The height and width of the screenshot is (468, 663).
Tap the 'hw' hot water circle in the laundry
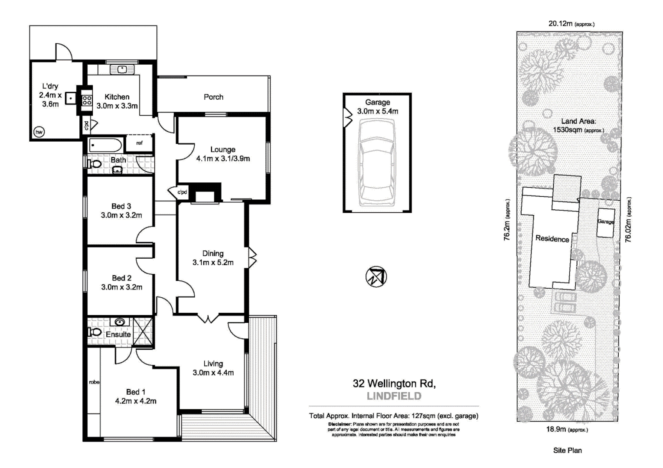click(x=39, y=132)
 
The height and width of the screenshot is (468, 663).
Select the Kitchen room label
click(x=117, y=97)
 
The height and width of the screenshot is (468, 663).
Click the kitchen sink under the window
click(x=122, y=69)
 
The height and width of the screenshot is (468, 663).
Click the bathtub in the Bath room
click(x=105, y=145)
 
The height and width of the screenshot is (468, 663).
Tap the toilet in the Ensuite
click(x=95, y=332)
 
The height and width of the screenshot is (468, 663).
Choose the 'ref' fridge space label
click(x=140, y=143)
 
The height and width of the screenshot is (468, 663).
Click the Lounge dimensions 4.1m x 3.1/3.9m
click(x=223, y=159)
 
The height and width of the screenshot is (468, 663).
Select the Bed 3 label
click(x=121, y=206)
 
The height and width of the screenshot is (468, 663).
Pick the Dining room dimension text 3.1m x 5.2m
click(x=213, y=263)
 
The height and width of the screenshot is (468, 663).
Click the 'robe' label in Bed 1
click(x=94, y=382)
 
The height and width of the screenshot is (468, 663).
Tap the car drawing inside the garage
click(x=377, y=162)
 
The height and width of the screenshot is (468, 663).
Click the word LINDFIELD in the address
click(x=394, y=396)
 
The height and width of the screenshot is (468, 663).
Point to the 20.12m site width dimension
click(x=560, y=24)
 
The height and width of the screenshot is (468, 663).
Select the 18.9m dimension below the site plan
click(x=556, y=429)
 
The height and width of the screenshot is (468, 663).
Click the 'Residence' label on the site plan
click(x=552, y=239)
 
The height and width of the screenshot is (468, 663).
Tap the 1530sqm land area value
click(x=568, y=130)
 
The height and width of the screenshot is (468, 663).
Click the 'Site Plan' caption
click(x=567, y=450)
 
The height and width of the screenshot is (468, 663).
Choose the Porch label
click(x=213, y=97)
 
